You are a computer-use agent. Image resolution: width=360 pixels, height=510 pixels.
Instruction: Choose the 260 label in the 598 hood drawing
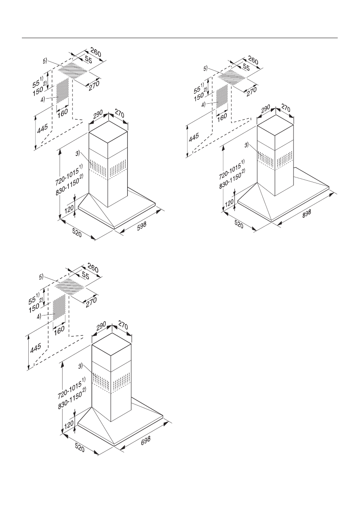(x=96, y=54)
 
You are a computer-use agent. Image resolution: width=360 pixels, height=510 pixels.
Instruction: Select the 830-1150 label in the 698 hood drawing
(x=72, y=399)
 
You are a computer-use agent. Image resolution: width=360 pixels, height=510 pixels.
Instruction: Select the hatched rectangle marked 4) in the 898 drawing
(x=222, y=97)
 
